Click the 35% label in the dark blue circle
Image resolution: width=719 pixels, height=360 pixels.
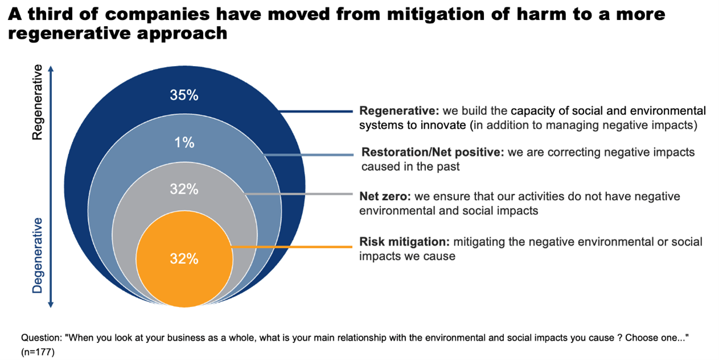(184, 95)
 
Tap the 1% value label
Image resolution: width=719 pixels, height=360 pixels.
(184, 142)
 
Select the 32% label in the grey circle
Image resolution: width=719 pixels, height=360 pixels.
(184, 189)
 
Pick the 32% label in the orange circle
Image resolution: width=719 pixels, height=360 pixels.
(184, 259)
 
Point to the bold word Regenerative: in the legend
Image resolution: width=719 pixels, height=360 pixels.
(399, 111)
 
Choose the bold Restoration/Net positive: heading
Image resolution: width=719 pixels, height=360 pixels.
(433, 152)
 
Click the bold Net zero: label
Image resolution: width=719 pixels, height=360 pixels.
(385, 196)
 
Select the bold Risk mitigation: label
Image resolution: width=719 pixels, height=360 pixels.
(404, 242)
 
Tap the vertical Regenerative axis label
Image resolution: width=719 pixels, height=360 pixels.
(37, 103)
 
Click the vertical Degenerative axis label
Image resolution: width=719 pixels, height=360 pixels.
(37, 256)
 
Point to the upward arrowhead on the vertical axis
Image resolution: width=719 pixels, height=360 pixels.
(51, 69)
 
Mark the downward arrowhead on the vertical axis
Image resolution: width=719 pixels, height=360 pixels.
(51, 305)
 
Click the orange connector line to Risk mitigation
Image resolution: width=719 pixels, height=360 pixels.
(292, 247)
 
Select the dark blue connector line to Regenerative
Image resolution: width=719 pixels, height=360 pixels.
(316, 112)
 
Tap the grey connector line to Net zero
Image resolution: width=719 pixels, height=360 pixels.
(299, 194)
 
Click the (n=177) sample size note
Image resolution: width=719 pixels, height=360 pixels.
(38, 352)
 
